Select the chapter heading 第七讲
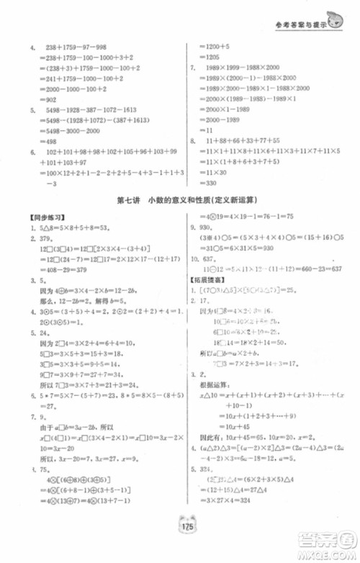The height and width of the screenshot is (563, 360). pyautogui.click(x=128, y=199)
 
